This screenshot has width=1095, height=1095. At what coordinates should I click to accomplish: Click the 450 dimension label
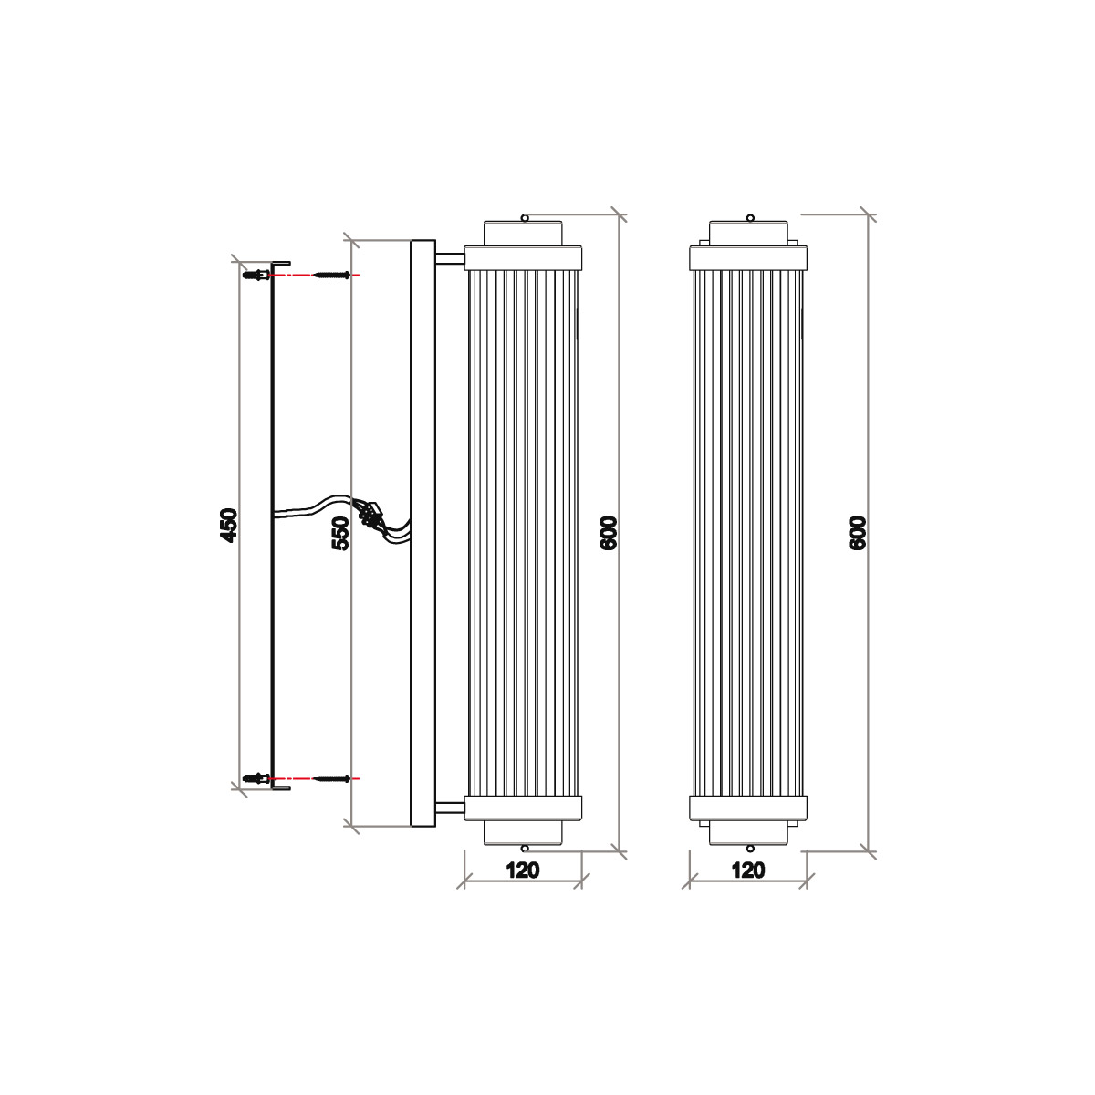coord(229,526)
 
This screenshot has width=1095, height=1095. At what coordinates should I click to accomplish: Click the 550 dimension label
coord(340,533)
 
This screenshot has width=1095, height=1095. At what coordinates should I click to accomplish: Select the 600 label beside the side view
coord(610,533)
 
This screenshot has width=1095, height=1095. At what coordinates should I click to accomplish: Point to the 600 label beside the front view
coord(858,533)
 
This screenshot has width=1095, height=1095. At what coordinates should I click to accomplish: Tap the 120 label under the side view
coord(522,870)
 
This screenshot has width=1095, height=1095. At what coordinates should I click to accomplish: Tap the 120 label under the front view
coord(748,870)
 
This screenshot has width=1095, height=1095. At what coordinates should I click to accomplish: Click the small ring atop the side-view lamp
coord(525,217)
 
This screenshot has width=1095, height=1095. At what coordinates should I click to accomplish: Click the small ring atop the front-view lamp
coord(749,217)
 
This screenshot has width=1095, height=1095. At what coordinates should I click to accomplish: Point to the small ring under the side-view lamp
coord(525,848)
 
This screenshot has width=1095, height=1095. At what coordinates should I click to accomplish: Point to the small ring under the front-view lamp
coord(749,848)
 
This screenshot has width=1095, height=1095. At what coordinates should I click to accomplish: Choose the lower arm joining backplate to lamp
coord(450,807)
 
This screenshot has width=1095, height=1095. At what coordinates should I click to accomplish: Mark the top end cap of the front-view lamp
coord(748,257)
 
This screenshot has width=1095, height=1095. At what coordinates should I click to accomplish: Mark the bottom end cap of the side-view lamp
coord(524,808)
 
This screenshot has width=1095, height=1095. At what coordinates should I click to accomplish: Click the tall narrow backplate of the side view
coord(423,533)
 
